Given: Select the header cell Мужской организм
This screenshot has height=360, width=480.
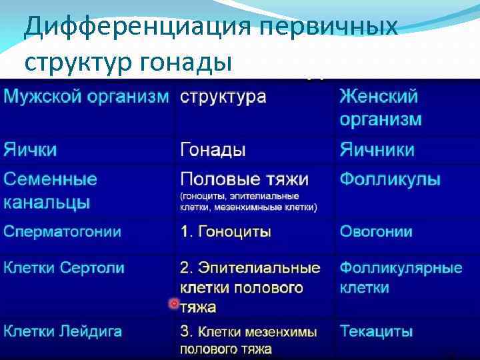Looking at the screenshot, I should (x=86, y=96).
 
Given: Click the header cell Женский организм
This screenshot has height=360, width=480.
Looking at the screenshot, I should (x=380, y=107).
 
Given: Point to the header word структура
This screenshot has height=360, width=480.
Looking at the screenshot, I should (x=223, y=96).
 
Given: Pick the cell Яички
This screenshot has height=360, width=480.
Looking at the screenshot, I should (x=30, y=150).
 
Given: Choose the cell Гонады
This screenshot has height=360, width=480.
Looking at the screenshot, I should (x=213, y=150).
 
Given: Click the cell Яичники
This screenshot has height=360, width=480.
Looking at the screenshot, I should (x=377, y=150).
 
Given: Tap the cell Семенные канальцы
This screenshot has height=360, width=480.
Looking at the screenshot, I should (x=51, y=190).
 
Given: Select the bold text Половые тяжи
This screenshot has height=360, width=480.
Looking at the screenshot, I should (x=244, y=179).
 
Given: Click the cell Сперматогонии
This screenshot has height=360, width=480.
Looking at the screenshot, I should (x=63, y=232).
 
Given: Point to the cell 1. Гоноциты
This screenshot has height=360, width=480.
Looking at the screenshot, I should (x=225, y=232).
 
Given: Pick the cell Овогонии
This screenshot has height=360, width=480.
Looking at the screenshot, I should (x=376, y=232).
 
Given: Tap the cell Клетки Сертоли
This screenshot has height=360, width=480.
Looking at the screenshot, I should (x=64, y=268).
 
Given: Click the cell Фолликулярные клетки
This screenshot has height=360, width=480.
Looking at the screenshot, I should (x=401, y=278).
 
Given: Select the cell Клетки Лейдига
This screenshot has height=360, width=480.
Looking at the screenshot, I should (x=63, y=331).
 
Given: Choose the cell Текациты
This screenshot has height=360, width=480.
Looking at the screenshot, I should (x=376, y=331).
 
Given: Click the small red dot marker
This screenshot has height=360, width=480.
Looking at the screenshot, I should (x=174, y=303).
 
